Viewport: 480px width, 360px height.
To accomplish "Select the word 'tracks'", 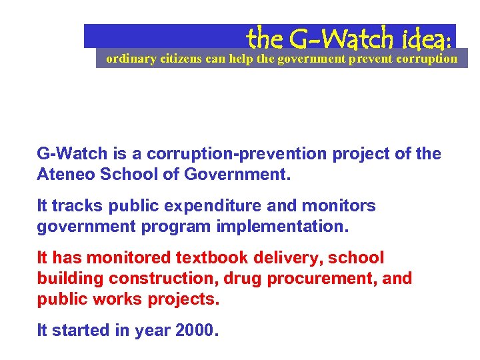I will click(74, 205).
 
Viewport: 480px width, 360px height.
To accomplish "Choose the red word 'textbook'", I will click(208, 257).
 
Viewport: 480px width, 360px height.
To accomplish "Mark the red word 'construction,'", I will click(160, 278).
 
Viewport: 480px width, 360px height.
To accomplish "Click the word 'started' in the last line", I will click(82, 330).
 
